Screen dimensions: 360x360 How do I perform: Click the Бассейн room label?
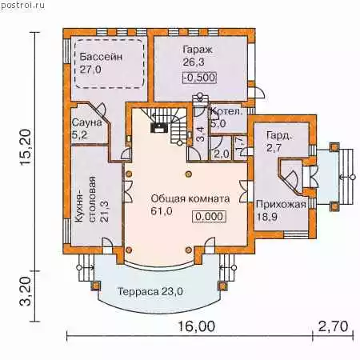tap(101, 57)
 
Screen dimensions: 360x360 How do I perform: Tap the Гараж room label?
tap(198, 50)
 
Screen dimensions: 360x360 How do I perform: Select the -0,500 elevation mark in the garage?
tap(199, 78)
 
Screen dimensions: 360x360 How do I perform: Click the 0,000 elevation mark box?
tap(210, 216)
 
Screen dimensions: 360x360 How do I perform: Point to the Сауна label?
tap(86, 122)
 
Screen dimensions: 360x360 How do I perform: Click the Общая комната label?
tap(190, 198)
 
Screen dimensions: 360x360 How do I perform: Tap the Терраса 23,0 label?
tap(150, 291)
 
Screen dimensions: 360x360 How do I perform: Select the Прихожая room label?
tap(281, 205)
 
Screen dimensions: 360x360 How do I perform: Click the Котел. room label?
tap(226, 111)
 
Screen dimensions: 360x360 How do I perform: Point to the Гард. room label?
tap(279, 136)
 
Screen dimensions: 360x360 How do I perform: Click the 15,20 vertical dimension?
tap(26, 147)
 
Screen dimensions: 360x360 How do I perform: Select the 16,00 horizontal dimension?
tap(196, 326)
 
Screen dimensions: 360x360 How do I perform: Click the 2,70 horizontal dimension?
tap(333, 326)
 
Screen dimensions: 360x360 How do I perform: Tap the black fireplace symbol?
tap(159, 127)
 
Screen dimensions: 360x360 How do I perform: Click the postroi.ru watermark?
tap(22, 5)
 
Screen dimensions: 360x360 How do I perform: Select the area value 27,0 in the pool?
tap(90, 70)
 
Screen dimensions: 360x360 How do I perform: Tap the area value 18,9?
tap(267, 217)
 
